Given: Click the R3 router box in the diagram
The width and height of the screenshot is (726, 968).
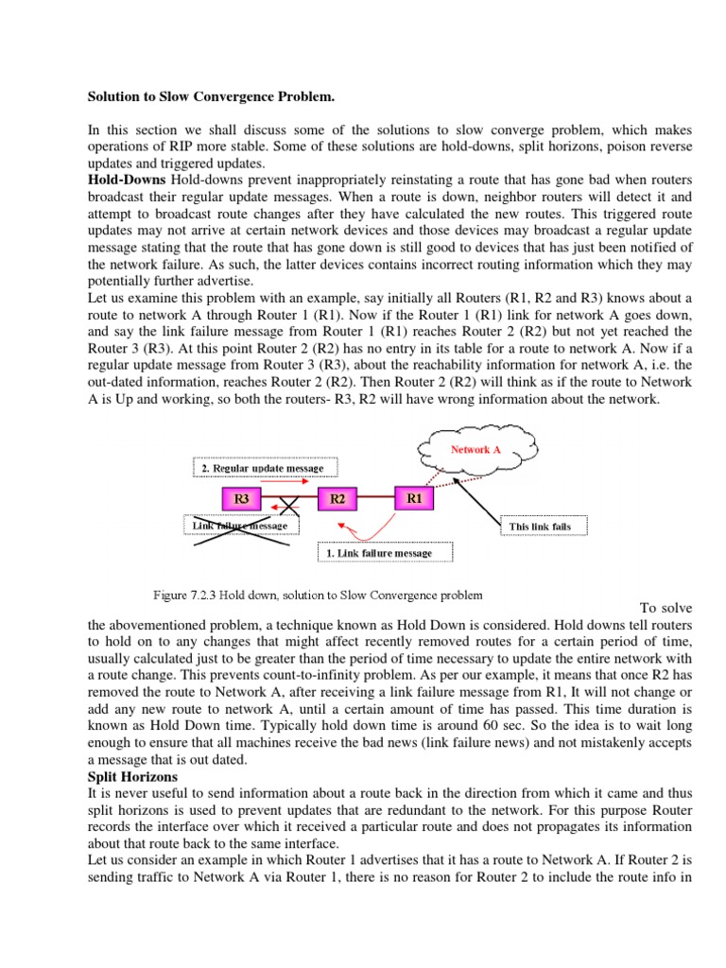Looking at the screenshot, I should point(242,497).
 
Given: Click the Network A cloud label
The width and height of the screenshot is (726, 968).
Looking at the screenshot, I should point(475,450).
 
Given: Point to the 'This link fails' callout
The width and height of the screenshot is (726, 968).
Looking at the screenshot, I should point(540,526).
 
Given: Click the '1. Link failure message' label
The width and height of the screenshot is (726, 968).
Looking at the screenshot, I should point(385,553).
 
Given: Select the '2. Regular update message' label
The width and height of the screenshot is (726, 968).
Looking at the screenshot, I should point(262,467).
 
